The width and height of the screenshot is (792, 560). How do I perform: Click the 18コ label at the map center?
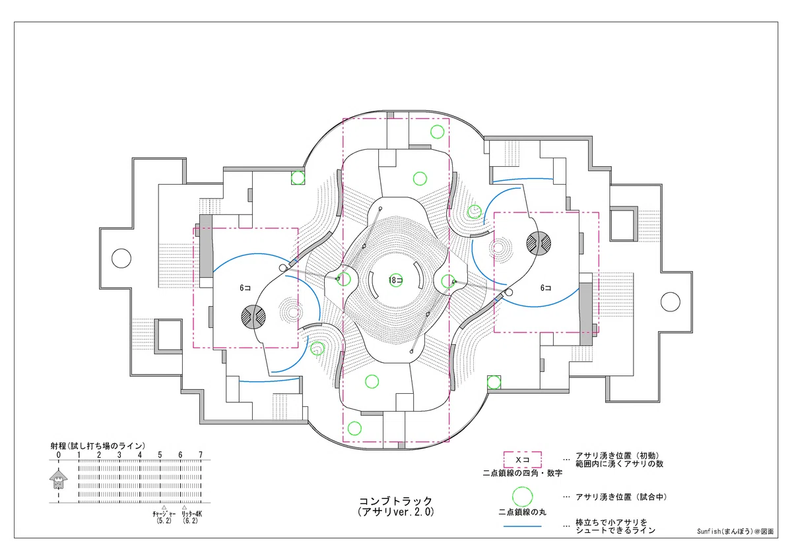click(x=395, y=280)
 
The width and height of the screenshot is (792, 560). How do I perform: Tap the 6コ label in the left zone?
click(x=245, y=288)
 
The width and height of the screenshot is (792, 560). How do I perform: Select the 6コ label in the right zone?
click(x=546, y=288)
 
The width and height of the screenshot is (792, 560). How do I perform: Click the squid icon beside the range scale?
click(x=59, y=479)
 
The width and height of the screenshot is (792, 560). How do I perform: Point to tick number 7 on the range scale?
click(x=201, y=455)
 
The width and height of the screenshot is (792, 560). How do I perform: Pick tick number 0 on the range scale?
click(x=59, y=455)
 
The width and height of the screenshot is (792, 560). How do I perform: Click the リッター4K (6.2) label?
click(x=191, y=517)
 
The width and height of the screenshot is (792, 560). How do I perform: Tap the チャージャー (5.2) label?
click(x=164, y=517)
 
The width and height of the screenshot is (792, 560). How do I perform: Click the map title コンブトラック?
click(x=395, y=501)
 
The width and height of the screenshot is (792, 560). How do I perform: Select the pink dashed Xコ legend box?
click(x=523, y=460)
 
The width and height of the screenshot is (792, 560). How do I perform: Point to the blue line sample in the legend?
click(x=523, y=526)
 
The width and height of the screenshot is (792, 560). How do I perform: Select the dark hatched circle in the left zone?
click(x=253, y=317)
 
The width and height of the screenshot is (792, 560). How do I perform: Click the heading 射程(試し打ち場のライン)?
click(x=98, y=446)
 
